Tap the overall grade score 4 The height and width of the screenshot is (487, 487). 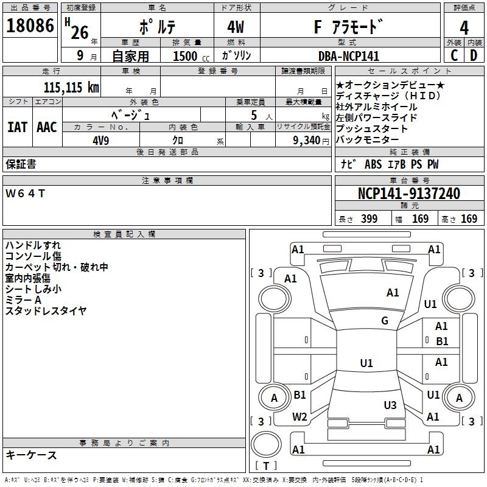pos(464,28)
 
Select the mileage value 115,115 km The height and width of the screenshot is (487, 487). pos(71,88)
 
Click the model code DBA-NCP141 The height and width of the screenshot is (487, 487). pos(348,56)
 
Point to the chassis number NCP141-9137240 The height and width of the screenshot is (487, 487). pos(409,194)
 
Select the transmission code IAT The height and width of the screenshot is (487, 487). pos(17,127)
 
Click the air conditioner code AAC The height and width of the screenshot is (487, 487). pos(46,127)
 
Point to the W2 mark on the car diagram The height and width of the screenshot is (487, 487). pos(300,416)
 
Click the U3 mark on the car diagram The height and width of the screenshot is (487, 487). pos(390,405)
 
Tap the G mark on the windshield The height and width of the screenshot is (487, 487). pos(385,321)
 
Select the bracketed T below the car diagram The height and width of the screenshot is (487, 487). pos(266,466)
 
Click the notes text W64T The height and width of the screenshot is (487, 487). pos(26,194)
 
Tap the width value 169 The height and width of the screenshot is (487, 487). pos(420,219)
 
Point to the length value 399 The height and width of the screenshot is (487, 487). pos(369,219)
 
